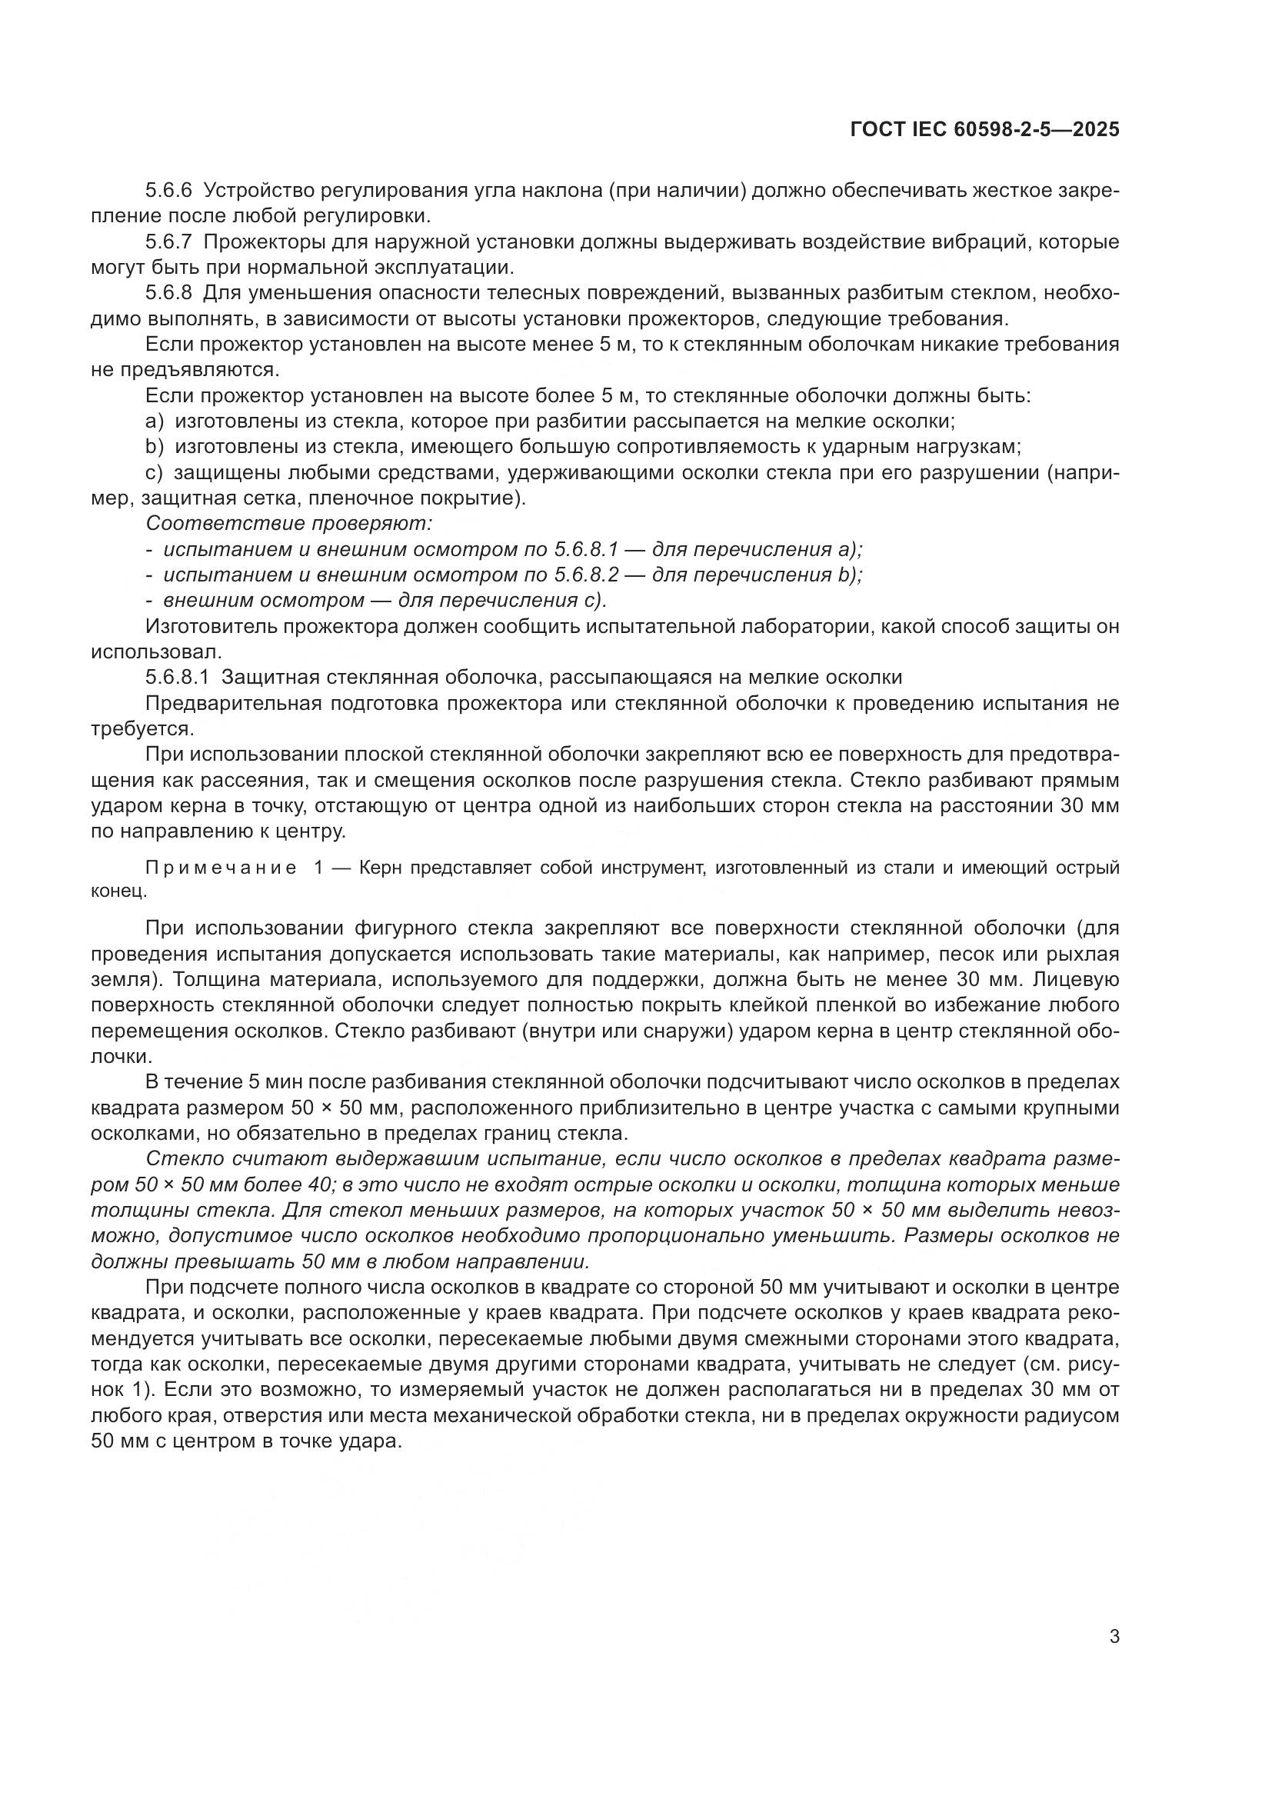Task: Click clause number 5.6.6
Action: click(168, 191)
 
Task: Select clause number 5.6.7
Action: click(168, 242)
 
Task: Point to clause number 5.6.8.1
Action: click(177, 677)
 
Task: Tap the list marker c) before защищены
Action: click(155, 473)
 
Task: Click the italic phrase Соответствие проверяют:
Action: click(289, 524)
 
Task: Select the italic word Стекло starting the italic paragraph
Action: click(179, 1159)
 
